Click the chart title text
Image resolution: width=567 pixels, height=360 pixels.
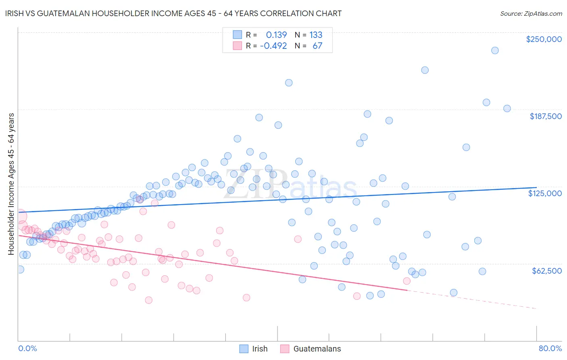point(174,13)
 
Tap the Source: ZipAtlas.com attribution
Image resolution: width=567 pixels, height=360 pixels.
point(531,13)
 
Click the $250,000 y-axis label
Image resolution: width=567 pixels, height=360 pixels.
point(544,39)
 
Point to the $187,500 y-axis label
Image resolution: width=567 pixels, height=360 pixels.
point(545,116)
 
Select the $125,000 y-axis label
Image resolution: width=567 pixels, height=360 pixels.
point(544,193)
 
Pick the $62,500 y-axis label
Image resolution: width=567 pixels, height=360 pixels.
point(546,271)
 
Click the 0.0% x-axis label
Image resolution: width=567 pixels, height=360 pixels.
point(27,348)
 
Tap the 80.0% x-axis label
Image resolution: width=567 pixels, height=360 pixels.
point(550,348)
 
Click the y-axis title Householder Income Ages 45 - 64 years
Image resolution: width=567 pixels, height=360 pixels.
point(11,184)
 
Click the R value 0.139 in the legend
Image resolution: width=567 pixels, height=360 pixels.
point(276,35)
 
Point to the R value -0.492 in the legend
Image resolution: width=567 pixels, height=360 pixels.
point(273,46)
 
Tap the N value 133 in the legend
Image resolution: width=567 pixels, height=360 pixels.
point(316,35)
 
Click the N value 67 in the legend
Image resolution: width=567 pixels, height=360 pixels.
point(317,46)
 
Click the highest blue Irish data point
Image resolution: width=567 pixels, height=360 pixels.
point(495,50)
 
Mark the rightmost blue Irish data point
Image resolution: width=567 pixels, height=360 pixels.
point(507,109)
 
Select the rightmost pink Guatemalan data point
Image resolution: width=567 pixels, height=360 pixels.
point(406,281)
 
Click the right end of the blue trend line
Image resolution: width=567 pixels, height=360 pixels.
point(536,188)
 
